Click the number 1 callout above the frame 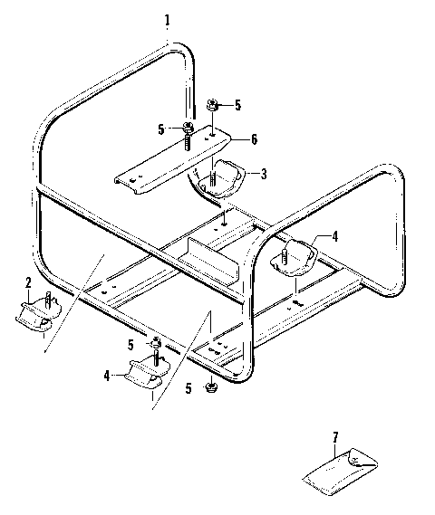pyautogui.click(x=166, y=20)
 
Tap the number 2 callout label pyautogui.click(x=28, y=282)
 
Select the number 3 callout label pyautogui.click(x=263, y=173)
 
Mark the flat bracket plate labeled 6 pyautogui.click(x=172, y=160)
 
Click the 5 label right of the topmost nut pyautogui.click(x=237, y=105)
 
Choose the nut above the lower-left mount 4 pyautogui.click(x=156, y=344)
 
